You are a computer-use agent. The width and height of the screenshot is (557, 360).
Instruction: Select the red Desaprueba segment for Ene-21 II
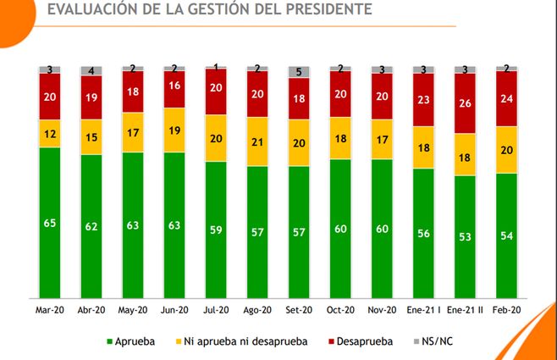click(x=466, y=103)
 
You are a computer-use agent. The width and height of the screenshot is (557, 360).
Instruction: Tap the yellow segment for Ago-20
click(x=258, y=141)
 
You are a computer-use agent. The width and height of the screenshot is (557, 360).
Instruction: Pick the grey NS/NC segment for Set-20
click(x=300, y=72)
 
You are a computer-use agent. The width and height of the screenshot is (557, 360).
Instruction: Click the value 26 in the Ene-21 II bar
click(x=466, y=104)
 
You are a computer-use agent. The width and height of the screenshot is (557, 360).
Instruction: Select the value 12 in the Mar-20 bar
click(x=50, y=134)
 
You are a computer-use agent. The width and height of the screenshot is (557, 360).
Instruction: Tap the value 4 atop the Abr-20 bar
click(x=91, y=70)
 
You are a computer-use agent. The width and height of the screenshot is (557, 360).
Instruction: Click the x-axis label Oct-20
click(x=341, y=310)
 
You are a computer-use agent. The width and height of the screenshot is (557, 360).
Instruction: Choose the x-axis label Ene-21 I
click(x=424, y=310)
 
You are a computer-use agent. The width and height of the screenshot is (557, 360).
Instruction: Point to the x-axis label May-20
click(x=133, y=310)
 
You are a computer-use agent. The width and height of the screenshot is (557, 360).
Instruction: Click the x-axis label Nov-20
click(x=383, y=310)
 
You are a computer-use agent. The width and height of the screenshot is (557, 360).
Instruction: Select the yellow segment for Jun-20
click(x=174, y=130)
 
